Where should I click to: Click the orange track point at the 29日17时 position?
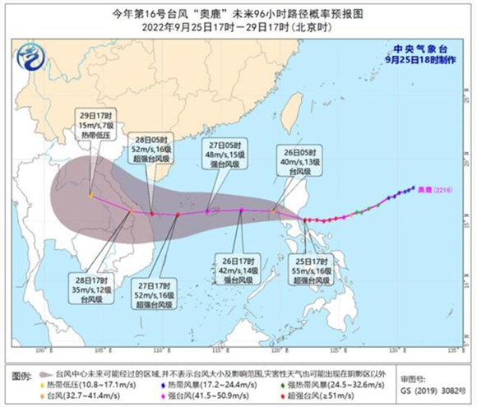[x=90, y=195]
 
